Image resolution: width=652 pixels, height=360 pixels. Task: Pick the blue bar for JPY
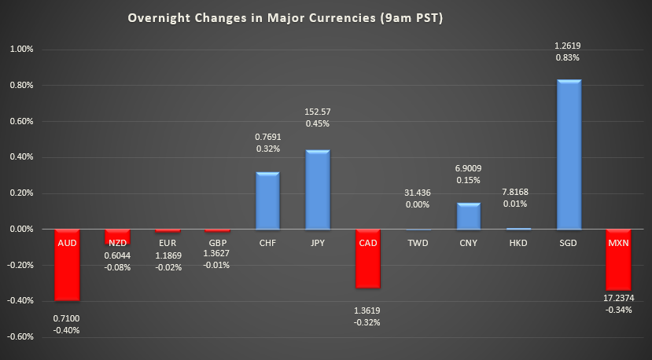click(318, 189)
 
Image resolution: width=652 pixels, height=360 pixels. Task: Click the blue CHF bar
click(267, 200)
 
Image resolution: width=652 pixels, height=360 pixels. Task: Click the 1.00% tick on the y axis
click(21, 49)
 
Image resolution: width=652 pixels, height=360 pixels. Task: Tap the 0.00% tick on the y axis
click(21, 229)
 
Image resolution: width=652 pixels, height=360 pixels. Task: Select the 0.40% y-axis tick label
click(21, 157)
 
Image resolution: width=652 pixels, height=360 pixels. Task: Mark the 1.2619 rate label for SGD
click(569, 46)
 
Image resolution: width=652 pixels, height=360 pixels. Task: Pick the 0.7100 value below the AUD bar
click(67, 318)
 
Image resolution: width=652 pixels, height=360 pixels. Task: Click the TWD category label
click(418, 243)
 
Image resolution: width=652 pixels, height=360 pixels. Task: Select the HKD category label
click(518, 243)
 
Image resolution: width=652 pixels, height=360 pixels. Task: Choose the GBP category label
click(217, 243)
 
